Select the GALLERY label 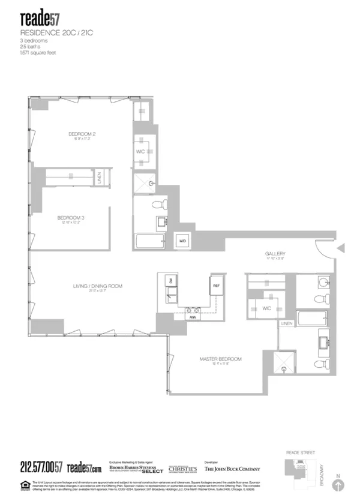[x=275, y=254]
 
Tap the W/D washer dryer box [x=182, y=241]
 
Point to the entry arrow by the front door [x=341, y=248]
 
